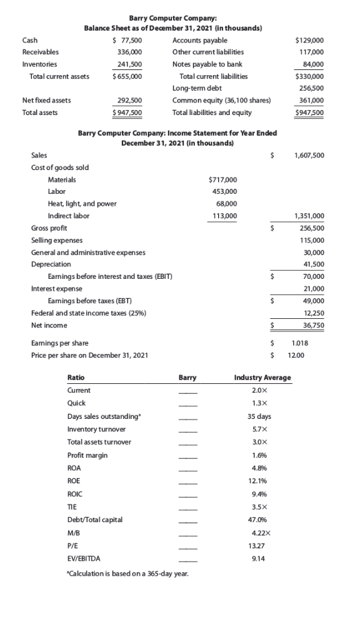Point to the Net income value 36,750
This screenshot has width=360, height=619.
coord(313,325)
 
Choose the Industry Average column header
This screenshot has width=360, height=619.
coord(262,378)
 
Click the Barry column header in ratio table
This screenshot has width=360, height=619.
coord(187,378)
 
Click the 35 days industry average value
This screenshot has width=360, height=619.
coord(262,416)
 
